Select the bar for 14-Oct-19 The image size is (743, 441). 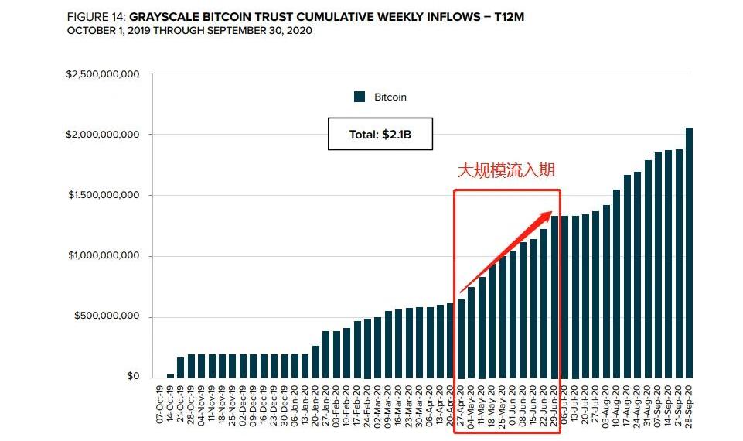pos(170,376)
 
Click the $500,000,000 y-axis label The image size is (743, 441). pos(107,316)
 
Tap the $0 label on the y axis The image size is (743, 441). pos(134,377)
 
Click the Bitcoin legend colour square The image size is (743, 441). pos(360,97)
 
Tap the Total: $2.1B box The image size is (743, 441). pos(380,134)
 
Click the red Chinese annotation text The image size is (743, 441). pos(506,170)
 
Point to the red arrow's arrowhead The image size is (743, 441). pos(547,216)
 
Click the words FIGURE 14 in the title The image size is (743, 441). pos(95,16)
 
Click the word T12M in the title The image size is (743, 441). pos(508,16)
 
